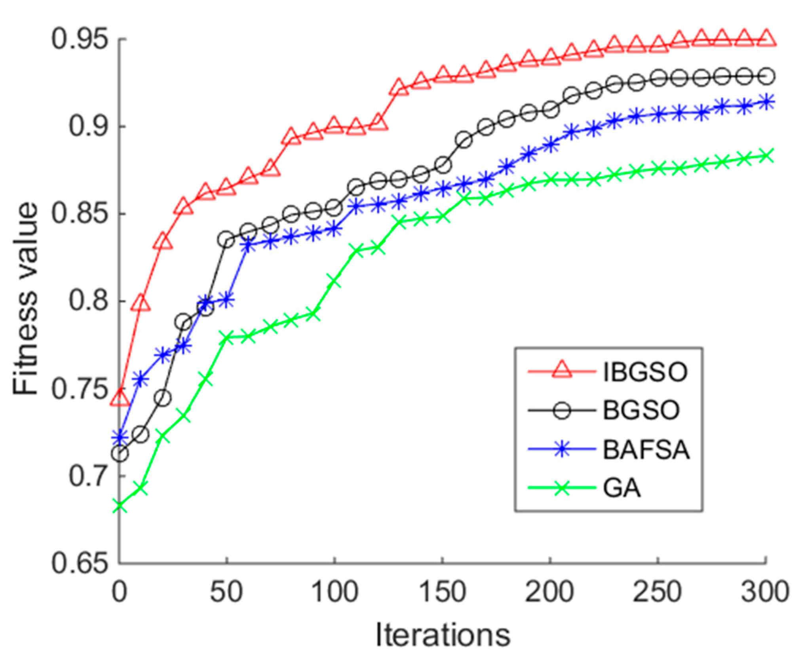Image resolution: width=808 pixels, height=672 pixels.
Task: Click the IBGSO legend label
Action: click(x=645, y=372)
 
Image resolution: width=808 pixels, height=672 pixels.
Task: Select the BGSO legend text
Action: click(x=641, y=410)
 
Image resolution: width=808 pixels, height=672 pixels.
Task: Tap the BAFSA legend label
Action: click(x=646, y=450)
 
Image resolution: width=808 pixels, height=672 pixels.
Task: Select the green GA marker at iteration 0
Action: click(x=120, y=506)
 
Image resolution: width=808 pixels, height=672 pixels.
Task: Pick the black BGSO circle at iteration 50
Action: click(x=226, y=240)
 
